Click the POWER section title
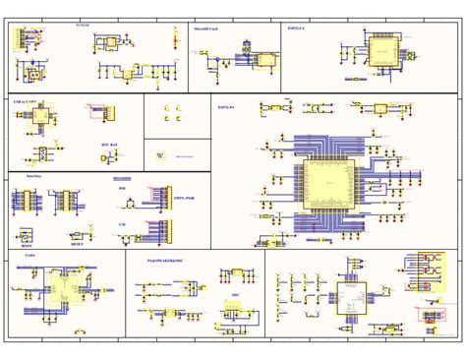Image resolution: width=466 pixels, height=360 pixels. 82,26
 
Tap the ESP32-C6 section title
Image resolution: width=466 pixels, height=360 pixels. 296,30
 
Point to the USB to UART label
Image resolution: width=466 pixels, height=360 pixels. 27,101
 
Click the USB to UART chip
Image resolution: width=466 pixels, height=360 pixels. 40,115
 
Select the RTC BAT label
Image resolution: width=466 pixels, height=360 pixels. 109,144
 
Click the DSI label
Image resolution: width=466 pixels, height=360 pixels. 122,187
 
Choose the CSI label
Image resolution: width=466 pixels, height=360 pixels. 121,224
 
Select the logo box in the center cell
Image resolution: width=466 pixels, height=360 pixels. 160,155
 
